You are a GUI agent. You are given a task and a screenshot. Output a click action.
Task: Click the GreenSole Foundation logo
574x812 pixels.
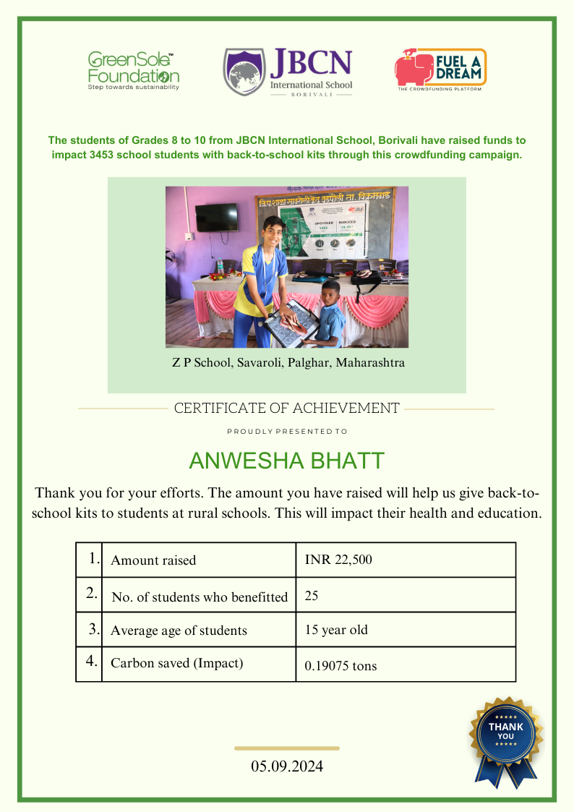coord(134,70)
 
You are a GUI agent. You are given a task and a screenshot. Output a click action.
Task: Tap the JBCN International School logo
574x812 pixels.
coord(288,73)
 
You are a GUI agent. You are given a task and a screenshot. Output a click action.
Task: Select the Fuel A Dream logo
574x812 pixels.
coord(440,69)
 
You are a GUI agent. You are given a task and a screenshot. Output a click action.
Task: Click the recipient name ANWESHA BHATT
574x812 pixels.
coord(287,461)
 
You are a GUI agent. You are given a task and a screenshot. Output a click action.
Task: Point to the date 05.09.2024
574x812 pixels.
coord(287,766)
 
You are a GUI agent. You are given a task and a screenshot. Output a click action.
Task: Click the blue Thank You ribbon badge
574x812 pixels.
coord(506,738)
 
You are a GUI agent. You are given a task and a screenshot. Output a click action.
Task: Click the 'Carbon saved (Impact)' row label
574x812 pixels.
coord(176,663)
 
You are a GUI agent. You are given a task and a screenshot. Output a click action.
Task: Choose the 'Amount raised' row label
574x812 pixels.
coord(153,560)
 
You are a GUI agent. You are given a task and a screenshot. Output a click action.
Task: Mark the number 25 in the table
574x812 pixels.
coord(312,597)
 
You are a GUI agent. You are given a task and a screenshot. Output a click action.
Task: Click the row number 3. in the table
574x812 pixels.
coord(94,629)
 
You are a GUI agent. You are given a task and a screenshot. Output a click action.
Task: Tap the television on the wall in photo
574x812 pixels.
coord(217,217)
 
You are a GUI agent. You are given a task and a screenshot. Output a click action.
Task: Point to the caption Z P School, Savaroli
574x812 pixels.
coord(288,363)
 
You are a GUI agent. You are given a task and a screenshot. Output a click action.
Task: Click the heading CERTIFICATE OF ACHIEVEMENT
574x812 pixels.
coord(286,409)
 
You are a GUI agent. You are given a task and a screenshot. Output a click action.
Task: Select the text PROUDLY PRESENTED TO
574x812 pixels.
coord(287,432)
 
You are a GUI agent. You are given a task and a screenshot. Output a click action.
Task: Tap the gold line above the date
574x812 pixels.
coord(287,748)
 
